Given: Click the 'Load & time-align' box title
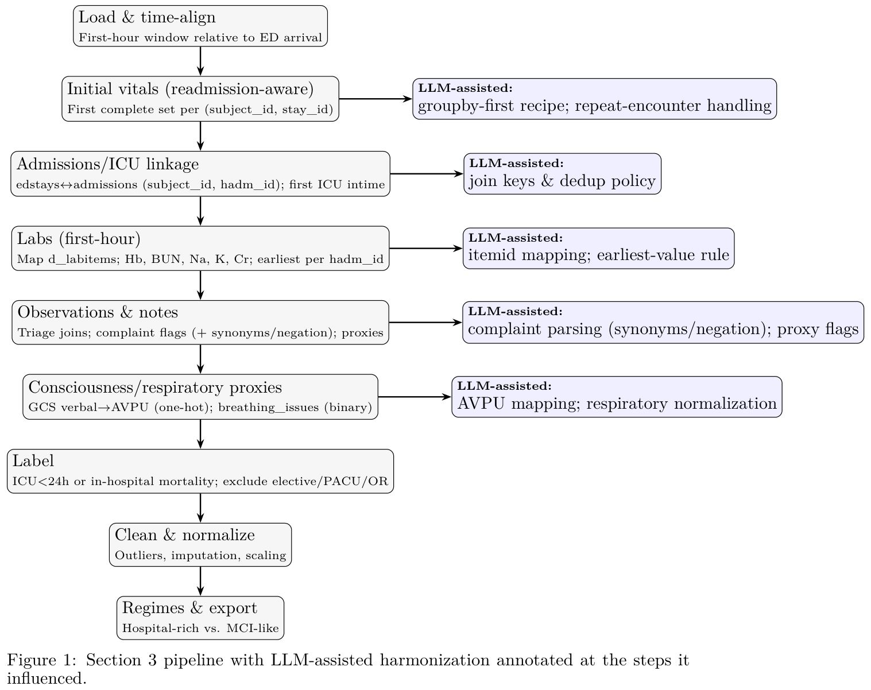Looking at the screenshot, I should pos(147,17).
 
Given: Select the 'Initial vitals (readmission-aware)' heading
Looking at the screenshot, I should pos(190,89).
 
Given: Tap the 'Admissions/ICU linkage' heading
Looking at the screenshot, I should pos(107,164).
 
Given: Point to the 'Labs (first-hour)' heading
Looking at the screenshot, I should pos(79,238).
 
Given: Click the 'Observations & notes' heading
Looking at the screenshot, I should pos(98,312).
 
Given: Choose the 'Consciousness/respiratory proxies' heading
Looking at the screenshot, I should pos(155,387).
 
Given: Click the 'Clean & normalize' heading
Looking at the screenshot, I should pos(184,535).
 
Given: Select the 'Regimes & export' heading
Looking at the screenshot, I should pos(189,608).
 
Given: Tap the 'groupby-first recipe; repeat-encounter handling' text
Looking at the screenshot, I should pos(594,106).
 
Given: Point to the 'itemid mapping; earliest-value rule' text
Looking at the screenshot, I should pos(598,255).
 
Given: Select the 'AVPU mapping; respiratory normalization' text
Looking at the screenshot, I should pos(617,404).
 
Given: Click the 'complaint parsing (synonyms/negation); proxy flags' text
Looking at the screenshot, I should pos(663,330).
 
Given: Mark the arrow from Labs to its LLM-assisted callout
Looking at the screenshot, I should pos(425,249).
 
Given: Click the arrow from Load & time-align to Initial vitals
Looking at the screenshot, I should pos(200,61).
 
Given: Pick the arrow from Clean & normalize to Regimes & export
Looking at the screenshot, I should pos(200,581).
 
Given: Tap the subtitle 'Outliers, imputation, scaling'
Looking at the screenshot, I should pos(200,556).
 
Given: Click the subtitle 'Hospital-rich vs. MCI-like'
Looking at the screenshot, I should pos(200,629).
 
